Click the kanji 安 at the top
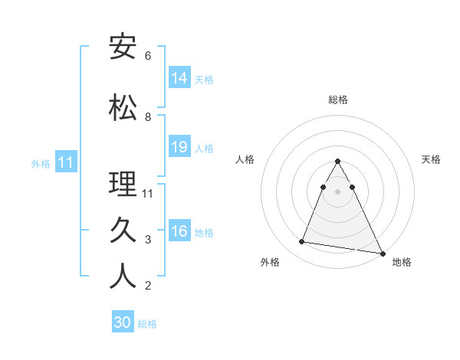click(x=123, y=46)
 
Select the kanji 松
click(x=123, y=107)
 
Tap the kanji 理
click(x=123, y=184)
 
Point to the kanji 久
click(x=123, y=231)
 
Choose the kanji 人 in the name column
click(x=123, y=277)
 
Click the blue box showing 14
click(x=179, y=78)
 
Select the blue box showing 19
click(x=179, y=147)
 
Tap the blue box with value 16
click(x=179, y=231)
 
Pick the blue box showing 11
click(x=65, y=162)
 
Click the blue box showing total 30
click(x=123, y=322)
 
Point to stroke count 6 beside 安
click(x=148, y=56)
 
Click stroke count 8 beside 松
click(x=148, y=117)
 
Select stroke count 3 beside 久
click(x=148, y=240)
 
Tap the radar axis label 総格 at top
click(x=338, y=100)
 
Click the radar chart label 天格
click(x=432, y=159)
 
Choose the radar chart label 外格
click(x=270, y=262)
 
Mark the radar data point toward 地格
click(x=382, y=253)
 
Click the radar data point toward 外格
click(x=301, y=242)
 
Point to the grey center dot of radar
click(x=338, y=191)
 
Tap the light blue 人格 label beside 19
click(x=205, y=148)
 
